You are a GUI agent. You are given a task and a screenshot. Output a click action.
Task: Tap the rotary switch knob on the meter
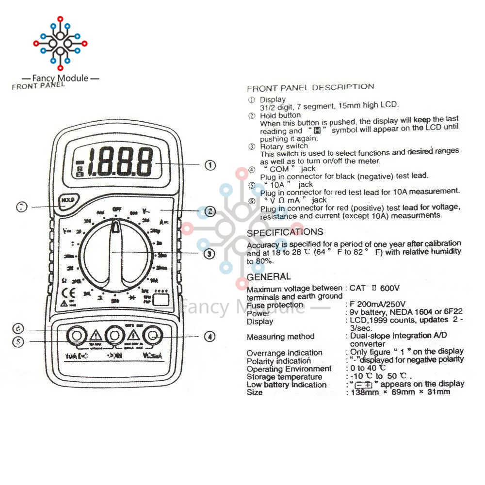click(x=115, y=255)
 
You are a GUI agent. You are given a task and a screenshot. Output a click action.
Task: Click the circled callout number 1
click(x=210, y=165)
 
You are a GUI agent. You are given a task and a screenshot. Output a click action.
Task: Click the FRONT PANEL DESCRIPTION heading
click(x=310, y=88)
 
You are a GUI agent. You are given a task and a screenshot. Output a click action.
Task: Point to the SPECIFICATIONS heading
click(x=285, y=232)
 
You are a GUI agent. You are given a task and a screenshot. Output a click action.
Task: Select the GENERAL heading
click(x=269, y=277)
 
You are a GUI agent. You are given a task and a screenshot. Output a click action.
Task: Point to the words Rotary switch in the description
click(x=284, y=146)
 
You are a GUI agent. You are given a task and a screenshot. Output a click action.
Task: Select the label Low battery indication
click(x=287, y=385)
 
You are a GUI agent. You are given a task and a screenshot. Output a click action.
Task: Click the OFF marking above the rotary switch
click(x=116, y=209)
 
